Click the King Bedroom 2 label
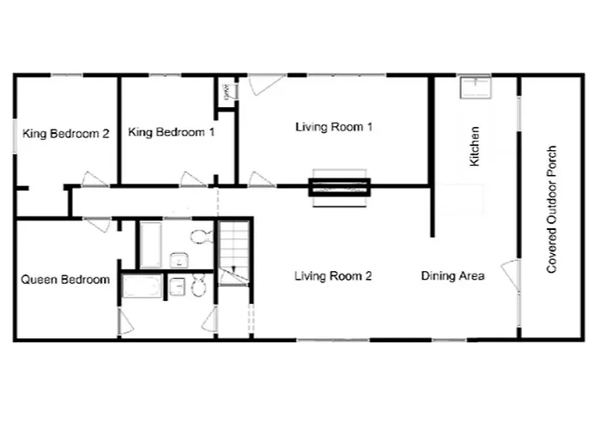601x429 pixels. tap(65, 133)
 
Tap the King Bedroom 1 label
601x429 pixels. tap(171, 132)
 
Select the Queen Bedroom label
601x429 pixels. tap(65, 280)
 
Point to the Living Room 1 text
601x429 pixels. tap(333, 127)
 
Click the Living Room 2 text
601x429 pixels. tap(333, 276)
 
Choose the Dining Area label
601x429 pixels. tap(452, 276)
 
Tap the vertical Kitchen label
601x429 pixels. tap(475, 146)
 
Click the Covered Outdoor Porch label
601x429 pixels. tap(552, 208)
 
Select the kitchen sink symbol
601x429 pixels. tap(474, 88)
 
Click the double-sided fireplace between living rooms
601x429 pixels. tap(338, 186)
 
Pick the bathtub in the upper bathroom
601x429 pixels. tap(151, 245)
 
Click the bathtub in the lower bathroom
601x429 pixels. tap(143, 286)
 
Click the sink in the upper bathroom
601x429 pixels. tap(179, 259)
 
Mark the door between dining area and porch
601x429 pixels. tap(511, 274)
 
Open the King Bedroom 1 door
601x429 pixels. tap(193, 179)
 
